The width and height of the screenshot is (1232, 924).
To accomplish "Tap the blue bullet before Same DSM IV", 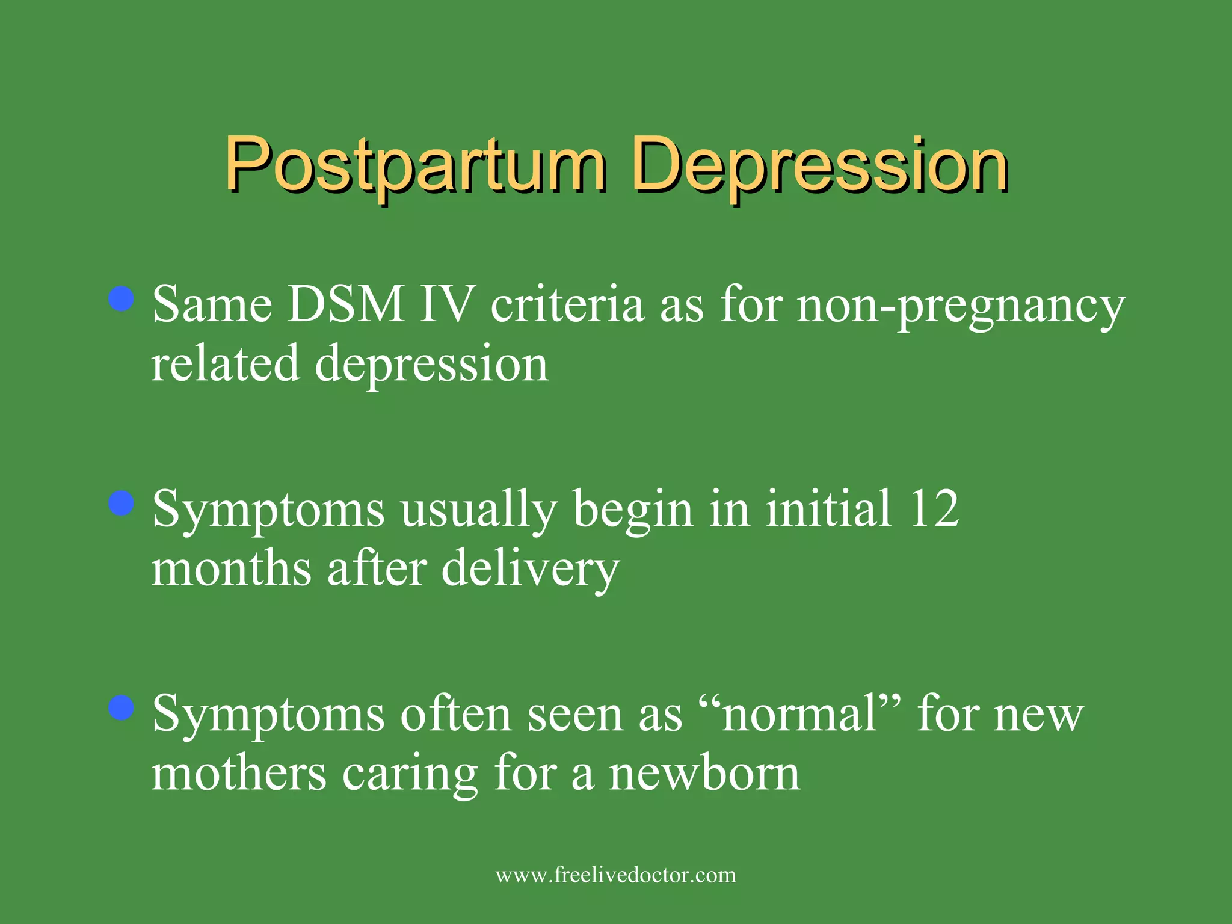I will click(x=122, y=299).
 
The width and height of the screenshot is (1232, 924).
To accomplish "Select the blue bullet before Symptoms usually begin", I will click(x=122, y=504).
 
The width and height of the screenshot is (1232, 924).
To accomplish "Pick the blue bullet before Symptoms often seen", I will click(x=122, y=708).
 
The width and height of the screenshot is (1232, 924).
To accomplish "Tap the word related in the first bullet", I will click(x=225, y=364).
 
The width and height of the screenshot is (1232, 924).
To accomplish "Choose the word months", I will click(x=231, y=568).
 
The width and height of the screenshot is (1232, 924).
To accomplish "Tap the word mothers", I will click(x=239, y=774).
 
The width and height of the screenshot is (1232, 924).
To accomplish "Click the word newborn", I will click(x=704, y=774).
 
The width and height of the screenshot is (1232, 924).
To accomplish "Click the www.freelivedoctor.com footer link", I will click(x=615, y=875).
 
